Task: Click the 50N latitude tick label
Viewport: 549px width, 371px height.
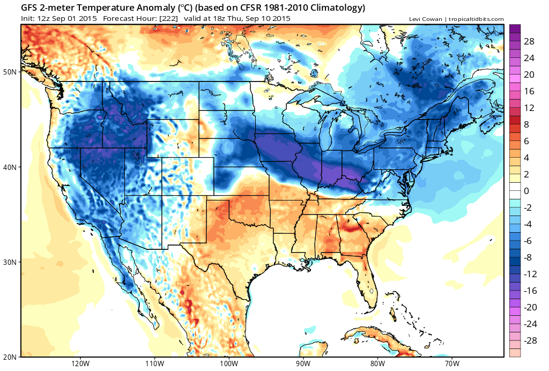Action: (x=11, y=72)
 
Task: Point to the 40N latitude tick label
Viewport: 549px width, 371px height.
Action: (x=11, y=167)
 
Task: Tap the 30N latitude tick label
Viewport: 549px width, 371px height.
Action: (x=11, y=262)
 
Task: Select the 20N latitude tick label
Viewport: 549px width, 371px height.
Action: (x=11, y=357)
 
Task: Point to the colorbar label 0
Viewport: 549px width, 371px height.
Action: (x=526, y=190)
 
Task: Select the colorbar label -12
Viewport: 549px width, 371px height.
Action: (x=529, y=273)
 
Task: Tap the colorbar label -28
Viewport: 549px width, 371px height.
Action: (x=529, y=340)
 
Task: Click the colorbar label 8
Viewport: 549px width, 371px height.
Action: (x=526, y=124)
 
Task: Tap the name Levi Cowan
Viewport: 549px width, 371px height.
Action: (x=426, y=19)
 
